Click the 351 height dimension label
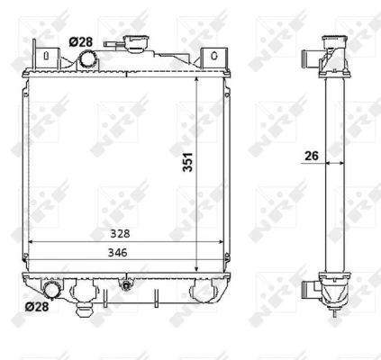tap(187, 162)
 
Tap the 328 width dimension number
tap(120, 233)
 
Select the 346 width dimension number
tap(118, 253)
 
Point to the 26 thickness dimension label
tap(312, 156)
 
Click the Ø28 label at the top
tap(81, 42)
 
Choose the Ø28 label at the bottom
tap(37, 307)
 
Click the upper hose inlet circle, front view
tap(88, 59)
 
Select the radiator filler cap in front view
tap(136, 42)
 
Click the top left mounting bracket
tap(46, 58)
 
